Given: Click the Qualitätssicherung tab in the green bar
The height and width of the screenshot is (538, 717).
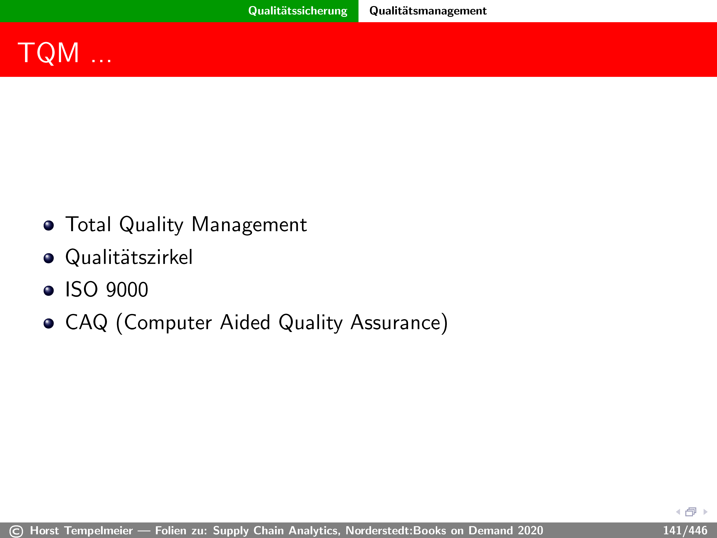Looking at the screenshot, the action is coord(298,11).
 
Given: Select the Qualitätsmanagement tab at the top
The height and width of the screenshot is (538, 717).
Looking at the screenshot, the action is coord(428,11).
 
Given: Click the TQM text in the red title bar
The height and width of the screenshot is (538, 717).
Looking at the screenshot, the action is coord(49,53).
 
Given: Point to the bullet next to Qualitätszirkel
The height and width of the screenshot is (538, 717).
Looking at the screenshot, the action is coord(49,258).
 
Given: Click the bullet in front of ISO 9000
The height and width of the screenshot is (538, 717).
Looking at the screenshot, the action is coord(49,291).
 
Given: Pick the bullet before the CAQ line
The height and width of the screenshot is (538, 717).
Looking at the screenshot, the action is coord(49,323).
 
